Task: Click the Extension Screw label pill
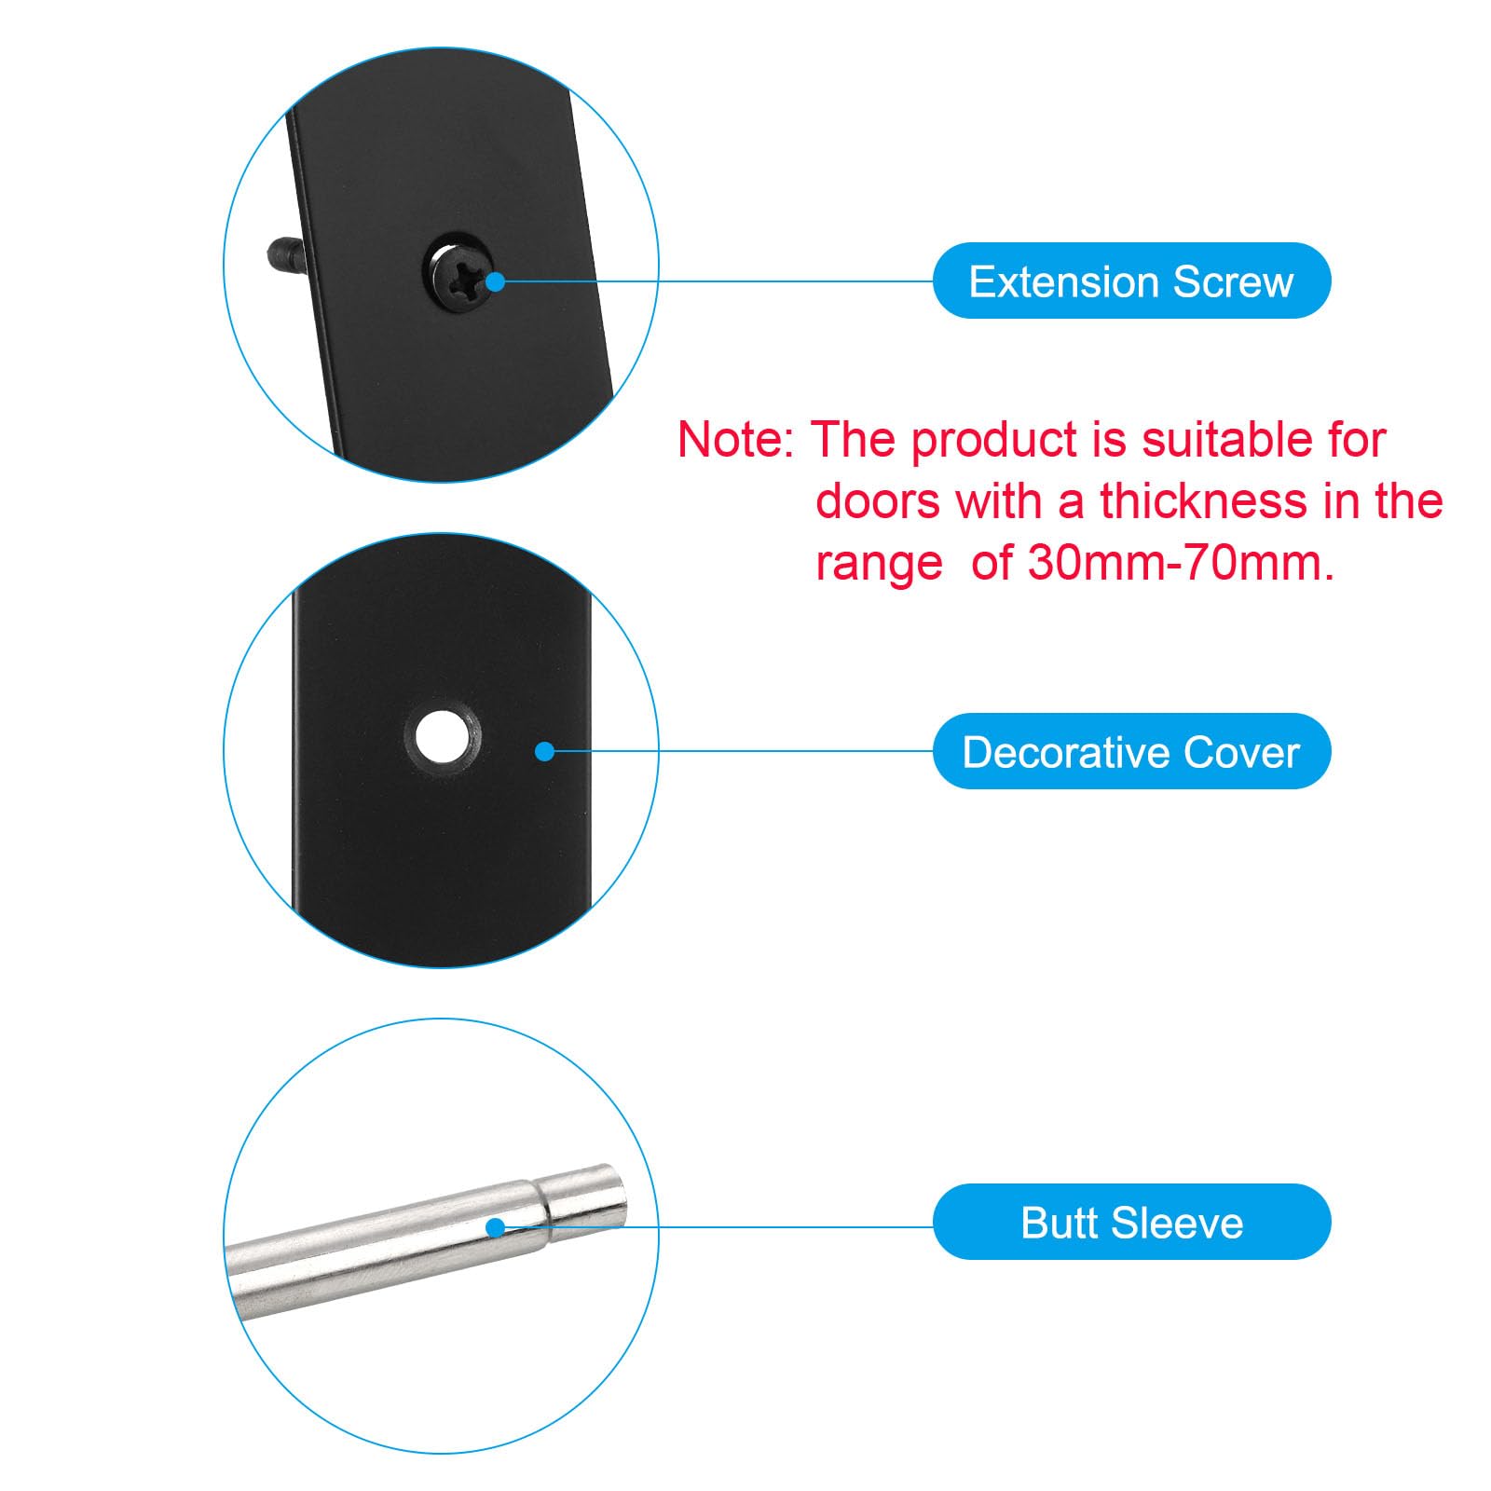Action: [1131, 280]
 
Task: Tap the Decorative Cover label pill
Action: [1131, 751]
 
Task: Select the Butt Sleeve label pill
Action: [1131, 1222]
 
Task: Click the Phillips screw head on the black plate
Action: [461, 270]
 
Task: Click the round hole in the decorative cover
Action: [442, 736]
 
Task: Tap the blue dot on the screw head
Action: [495, 280]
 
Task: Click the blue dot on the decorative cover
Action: [545, 751]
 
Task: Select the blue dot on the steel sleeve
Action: [496, 1227]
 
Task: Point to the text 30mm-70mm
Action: [1181, 563]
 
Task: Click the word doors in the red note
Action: [878, 501]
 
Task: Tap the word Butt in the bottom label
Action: [1059, 1223]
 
